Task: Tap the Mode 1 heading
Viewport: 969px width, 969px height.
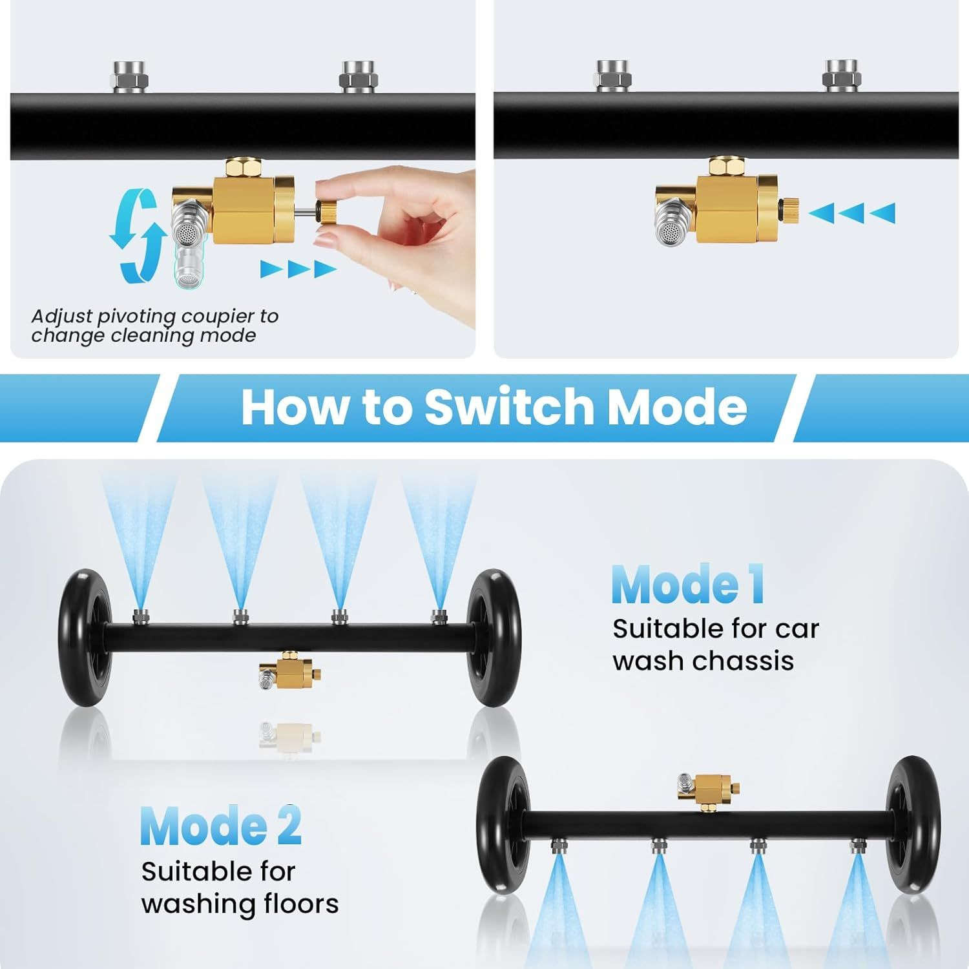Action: [688, 585]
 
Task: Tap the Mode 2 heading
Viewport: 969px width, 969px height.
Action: [220, 826]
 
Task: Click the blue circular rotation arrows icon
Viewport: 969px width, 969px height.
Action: [135, 236]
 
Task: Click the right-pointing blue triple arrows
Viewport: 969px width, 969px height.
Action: [298, 269]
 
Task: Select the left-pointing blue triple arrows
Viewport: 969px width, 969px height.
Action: [851, 213]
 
